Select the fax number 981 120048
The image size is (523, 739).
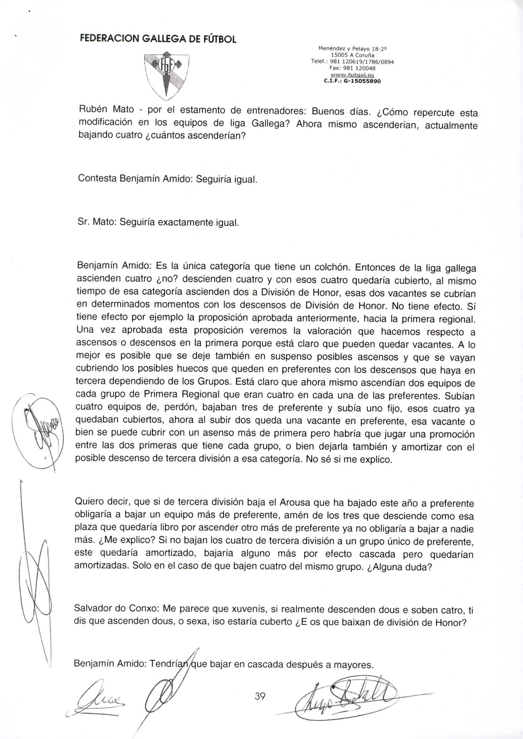tap(352, 68)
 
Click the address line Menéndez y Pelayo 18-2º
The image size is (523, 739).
tap(352, 49)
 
